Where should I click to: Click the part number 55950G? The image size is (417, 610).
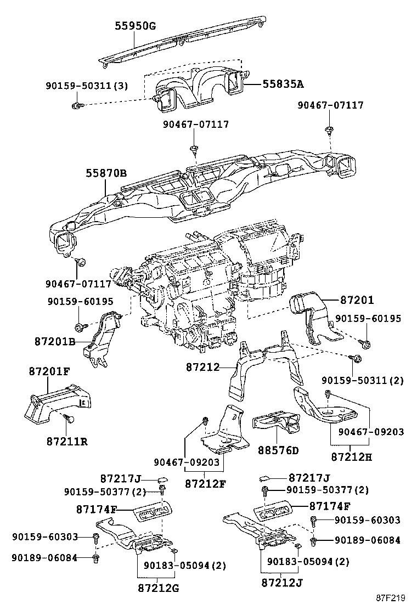[136, 26]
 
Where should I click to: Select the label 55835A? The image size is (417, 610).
[283, 84]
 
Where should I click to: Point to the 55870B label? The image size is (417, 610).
[106, 173]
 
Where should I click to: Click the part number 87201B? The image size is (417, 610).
[54, 341]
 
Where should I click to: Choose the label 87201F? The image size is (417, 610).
[49, 371]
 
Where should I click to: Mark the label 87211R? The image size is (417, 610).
[67, 440]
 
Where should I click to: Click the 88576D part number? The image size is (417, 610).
[278, 450]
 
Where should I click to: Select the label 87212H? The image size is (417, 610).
[351, 456]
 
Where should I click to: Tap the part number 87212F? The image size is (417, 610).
[205, 483]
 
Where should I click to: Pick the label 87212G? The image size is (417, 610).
[159, 589]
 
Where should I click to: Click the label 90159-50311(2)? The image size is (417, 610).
[362, 380]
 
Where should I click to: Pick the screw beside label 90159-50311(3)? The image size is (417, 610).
[77, 104]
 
